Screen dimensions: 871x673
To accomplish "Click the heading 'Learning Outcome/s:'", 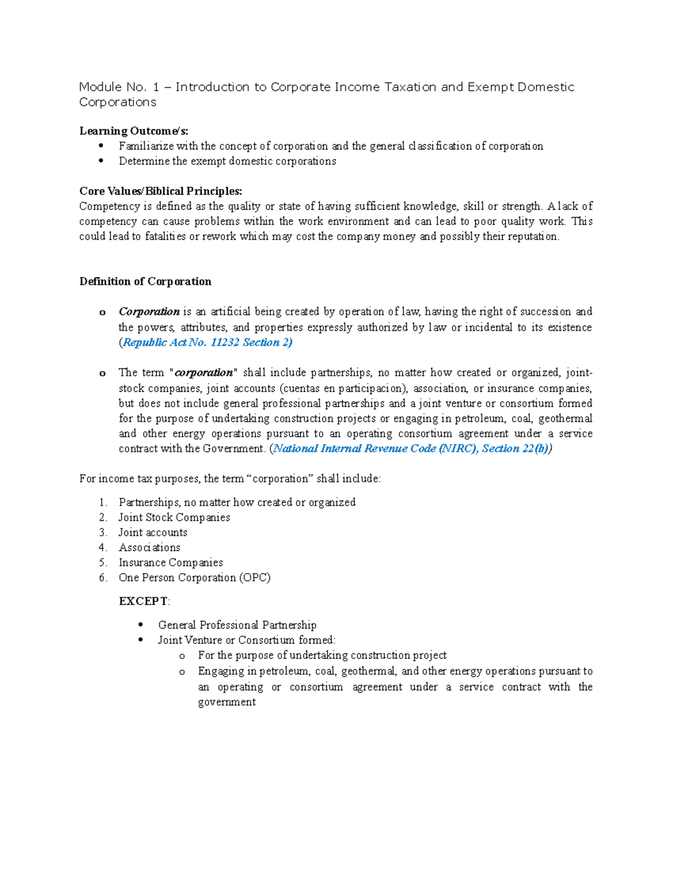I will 133,131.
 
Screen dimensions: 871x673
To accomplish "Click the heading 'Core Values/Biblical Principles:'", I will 160,191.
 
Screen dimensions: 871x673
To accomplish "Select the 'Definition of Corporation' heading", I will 145,282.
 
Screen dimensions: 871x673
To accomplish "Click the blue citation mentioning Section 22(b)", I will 412,449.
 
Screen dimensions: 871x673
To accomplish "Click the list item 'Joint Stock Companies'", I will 174,518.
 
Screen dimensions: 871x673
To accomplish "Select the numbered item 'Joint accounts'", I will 153,533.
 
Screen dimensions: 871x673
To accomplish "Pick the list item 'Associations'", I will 149,548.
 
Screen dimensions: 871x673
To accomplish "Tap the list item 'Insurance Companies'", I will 170,563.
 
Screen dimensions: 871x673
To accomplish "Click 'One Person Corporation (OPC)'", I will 194,578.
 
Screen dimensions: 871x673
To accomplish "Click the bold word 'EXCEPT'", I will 143,601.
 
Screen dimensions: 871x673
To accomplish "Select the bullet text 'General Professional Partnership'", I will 237,625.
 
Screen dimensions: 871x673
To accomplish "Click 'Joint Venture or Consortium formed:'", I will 246,640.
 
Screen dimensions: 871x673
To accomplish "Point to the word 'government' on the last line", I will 227,702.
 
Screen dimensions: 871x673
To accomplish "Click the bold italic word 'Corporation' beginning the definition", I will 149,312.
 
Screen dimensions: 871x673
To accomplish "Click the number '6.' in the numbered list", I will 103,578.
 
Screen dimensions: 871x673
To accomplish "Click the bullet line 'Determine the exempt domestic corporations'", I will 227,162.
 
